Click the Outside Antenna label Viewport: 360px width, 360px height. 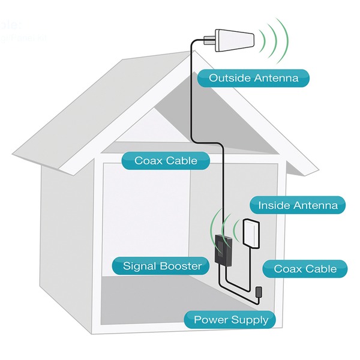(254, 77)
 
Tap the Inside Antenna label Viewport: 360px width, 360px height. (298, 205)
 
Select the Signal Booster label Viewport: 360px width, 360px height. (163, 265)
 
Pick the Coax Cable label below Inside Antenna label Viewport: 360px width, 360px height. (305, 269)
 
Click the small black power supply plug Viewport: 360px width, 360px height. (258, 292)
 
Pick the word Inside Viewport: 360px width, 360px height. (273, 205)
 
